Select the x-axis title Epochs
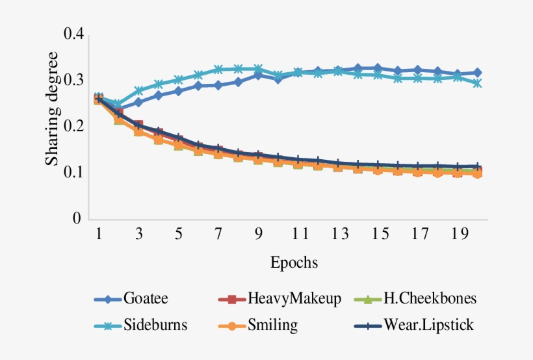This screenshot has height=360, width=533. tap(294, 263)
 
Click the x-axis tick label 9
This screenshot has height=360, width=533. tap(258, 235)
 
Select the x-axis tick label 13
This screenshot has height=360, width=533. tap(338, 235)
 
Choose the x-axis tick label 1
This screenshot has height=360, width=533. tap(98, 235)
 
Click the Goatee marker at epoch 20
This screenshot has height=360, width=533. tap(478, 72)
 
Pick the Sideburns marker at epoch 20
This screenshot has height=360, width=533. tap(478, 83)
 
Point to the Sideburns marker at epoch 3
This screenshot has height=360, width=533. tap(138, 91)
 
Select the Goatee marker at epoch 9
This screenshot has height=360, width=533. tap(258, 75)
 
